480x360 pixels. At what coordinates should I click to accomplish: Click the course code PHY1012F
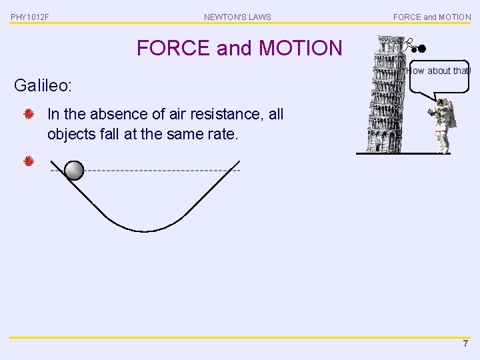point(30,17)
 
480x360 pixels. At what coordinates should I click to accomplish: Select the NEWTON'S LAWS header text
point(237,17)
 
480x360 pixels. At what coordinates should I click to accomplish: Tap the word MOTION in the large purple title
point(300,48)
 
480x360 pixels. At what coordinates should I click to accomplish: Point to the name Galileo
point(43,85)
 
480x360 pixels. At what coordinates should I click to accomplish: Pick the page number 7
point(465,343)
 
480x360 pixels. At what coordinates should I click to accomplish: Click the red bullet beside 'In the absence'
point(29,115)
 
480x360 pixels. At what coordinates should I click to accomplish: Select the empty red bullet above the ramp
point(29,161)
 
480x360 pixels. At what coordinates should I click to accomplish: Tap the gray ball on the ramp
point(75,171)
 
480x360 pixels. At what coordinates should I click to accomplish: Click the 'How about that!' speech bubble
point(438,71)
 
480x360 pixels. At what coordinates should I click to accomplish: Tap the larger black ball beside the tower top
point(421,48)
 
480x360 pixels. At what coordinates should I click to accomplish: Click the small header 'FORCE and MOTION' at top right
point(432,17)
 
